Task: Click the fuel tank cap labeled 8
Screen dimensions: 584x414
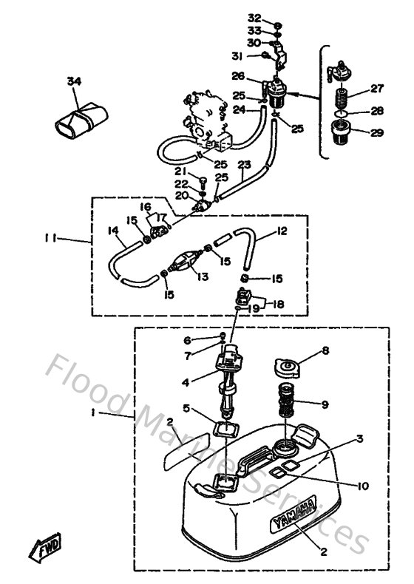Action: coord(284,368)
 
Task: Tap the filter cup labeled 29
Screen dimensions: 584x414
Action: coord(342,137)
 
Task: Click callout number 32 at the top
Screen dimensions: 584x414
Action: coord(254,16)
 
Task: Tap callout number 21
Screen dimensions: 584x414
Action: coord(180,172)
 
